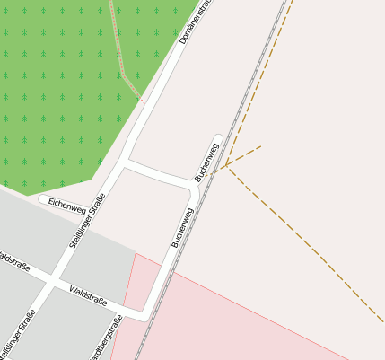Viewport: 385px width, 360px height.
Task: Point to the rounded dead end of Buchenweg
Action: pos(217,139)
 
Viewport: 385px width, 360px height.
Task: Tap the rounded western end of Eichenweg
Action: pos(42,199)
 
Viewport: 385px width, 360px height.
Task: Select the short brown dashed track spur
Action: pos(244,155)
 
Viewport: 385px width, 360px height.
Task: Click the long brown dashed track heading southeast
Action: pos(305,242)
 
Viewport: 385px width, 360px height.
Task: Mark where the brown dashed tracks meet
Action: pos(227,166)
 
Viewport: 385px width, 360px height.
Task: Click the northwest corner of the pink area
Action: pos(136,254)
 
